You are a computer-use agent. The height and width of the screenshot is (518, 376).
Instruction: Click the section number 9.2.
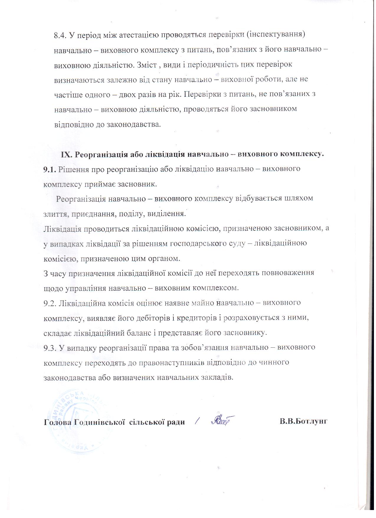coord(50,303)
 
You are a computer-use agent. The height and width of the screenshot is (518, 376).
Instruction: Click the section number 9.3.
coord(50,347)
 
